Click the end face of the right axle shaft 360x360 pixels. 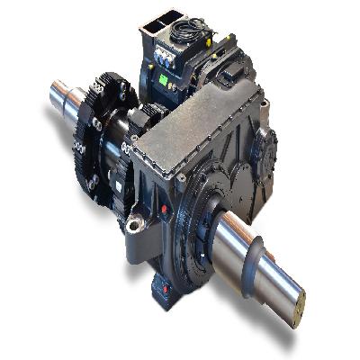tap(293, 305)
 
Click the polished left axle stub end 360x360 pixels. tap(61, 94)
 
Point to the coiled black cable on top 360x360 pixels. tap(190, 31)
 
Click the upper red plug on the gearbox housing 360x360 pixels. tap(163, 209)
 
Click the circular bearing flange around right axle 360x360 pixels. tap(203, 234)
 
